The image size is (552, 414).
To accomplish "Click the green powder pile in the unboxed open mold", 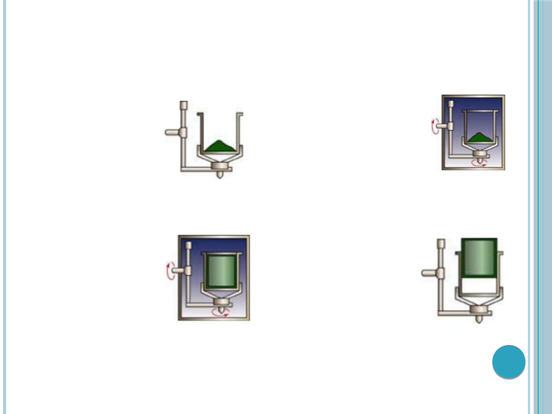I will click(220, 146).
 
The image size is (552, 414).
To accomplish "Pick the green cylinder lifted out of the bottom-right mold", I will click(479, 258).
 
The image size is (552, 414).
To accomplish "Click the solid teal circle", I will click(509, 362).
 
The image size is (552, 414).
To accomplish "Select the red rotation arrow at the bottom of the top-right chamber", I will click(479, 162).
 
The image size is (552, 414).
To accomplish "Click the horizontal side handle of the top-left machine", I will click(174, 132).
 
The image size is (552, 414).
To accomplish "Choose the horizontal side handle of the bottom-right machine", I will click(430, 272).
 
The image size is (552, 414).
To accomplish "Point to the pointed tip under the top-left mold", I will click(220, 175).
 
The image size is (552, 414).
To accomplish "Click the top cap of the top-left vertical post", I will click(183, 106).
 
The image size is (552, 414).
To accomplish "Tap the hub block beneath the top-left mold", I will click(220, 166).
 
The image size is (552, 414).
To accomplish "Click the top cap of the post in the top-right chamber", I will click(451, 104).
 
